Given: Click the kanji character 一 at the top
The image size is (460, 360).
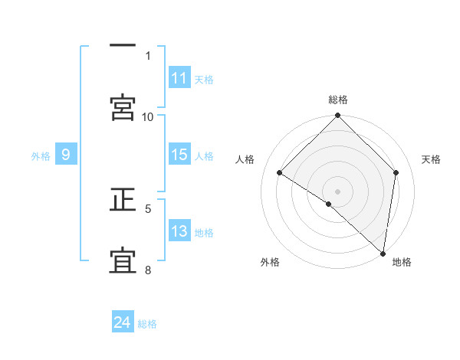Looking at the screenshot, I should [x=123, y=46].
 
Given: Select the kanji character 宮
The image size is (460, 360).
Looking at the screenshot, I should [x=123, y=107].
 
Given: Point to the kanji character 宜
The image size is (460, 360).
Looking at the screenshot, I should [x=123, y=262].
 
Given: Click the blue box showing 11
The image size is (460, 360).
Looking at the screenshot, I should [x=179, y=78].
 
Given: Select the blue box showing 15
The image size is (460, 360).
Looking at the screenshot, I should [x=179, y=155].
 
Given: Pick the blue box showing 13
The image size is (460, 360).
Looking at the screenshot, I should [x=179, y=231].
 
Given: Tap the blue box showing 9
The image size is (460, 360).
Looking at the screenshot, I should [x=66, y=155].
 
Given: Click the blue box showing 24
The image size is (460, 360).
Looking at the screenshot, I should [x=123, y=322].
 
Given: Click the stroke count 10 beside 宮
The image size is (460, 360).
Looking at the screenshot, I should [x=148, y=116].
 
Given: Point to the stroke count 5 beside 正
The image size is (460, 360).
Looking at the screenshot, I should [x=148, y=208].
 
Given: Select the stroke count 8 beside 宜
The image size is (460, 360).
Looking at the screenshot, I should [x=148, y=270].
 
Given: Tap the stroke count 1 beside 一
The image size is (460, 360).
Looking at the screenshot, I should [x=148, y=55].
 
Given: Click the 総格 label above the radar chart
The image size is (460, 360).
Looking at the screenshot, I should [x=338, y=100].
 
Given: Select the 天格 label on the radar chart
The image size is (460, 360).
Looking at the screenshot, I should [x=431, y=159].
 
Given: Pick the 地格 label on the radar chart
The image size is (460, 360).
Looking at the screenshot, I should [x=402, y=262].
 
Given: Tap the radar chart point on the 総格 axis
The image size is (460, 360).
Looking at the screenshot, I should [x=337, y=116].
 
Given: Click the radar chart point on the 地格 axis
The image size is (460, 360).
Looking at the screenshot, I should [x=383, y=253].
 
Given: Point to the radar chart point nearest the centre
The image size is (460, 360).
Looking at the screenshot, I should [x=329, y=204].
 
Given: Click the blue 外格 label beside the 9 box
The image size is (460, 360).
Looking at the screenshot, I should [x=41, y=155].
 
